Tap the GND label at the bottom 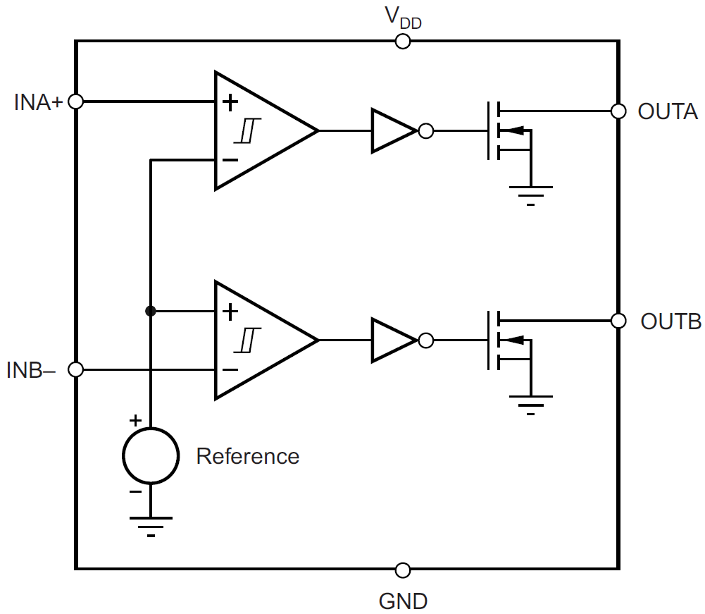pos(403,601)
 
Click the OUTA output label pos(667,111)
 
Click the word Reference pos(247,456)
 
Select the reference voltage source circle pos(151,456)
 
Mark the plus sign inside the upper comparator pos(230,102)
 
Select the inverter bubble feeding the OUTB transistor pos(425,340)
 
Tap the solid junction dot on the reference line pos(150,311)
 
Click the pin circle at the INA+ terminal pos(76,102)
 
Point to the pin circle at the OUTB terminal pos(618,321)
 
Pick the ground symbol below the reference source pos(151,526)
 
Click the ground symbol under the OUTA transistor pos(530,193)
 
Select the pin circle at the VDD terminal pos(403,41)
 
